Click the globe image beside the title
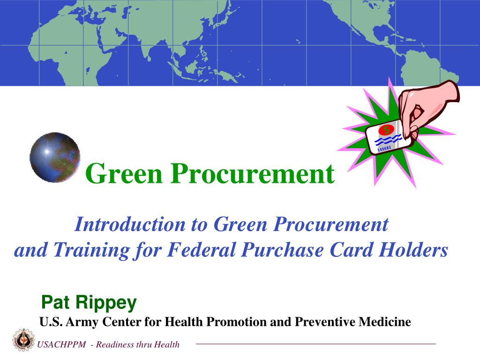[54, 157]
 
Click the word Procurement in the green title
[253, 173]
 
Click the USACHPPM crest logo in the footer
[22, 339]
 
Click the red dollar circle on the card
[386, 129]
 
